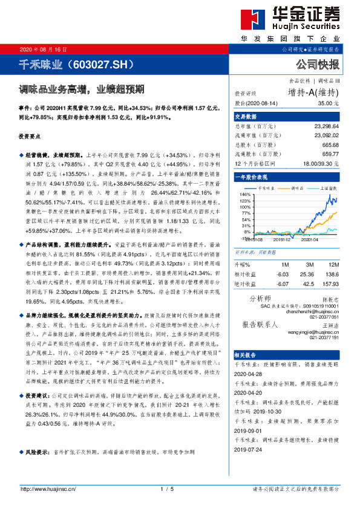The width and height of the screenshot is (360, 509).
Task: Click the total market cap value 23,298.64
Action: [327, 128]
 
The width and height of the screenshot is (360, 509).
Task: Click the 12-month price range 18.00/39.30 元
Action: [321, 164]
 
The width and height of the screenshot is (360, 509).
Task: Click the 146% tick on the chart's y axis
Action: [245, 195]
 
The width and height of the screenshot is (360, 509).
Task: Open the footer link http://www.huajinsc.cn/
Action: [48, 488]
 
